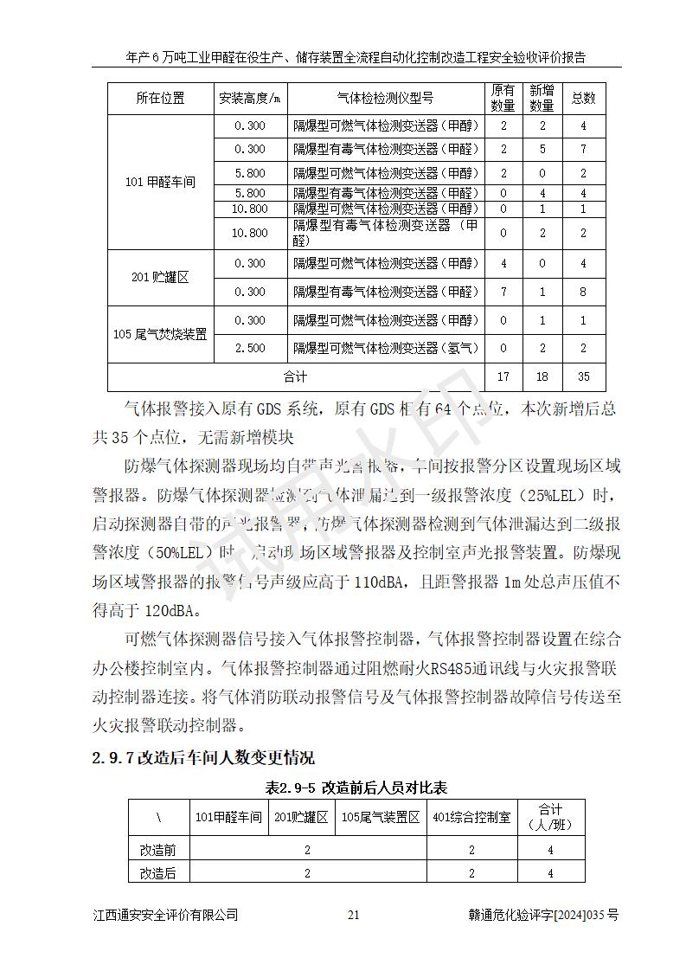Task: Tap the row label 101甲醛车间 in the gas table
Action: [160, 183]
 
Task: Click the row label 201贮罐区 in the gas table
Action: [160, 278]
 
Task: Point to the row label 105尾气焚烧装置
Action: [160, 334]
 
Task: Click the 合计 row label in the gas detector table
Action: [295, 377]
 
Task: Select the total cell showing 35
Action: [583, 377]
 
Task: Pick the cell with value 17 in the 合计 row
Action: [503, 377]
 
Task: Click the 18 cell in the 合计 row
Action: [542, 377]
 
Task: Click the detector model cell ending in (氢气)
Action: [385, 349]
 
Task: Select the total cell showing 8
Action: [583, 293]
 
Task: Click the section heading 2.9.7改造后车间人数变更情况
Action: [203, 758]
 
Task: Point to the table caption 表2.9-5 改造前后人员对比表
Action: [356, 788]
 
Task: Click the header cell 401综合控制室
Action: [471, 817]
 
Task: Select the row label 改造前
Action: [158, 850]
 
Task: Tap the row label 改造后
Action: [158, 874]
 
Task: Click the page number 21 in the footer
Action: [352, 916]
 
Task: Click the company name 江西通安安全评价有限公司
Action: [165, 916]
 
